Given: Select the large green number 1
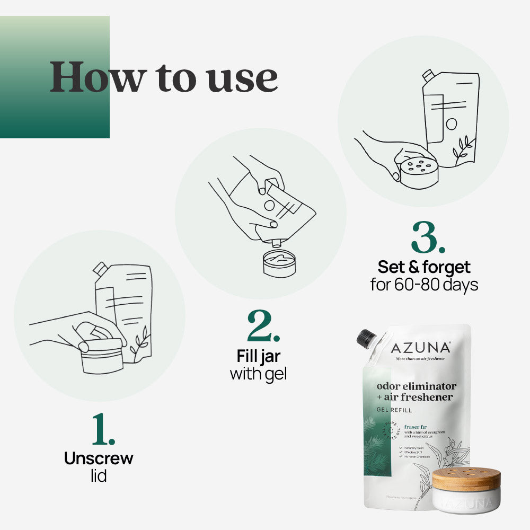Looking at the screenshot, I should (103, 429).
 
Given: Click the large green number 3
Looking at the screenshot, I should (428, 238).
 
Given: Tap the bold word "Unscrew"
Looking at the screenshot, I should (99, 458).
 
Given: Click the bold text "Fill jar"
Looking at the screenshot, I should (259, 356).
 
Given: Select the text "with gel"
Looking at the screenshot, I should (258, 374).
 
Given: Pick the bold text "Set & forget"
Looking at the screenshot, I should (424, 267).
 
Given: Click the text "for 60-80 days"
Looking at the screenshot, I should (424, 285).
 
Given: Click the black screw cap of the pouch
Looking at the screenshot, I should (366, 338).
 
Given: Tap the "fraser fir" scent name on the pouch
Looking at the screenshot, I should (415, 426).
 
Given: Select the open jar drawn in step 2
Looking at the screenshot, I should (279, 264).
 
